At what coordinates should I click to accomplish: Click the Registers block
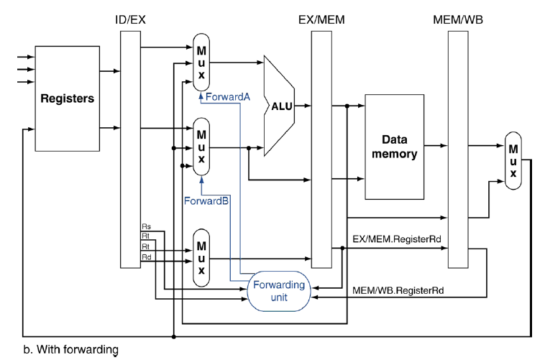[67, 98]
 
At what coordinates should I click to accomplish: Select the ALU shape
[281, 106]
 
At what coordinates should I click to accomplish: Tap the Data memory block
[399, 146]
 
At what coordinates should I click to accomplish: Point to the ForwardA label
[227, 96]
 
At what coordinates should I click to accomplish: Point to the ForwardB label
[206, 200]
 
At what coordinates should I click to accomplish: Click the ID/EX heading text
[130, 19]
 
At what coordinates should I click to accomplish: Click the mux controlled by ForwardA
[201, 61]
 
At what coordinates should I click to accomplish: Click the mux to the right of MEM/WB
[513, 160]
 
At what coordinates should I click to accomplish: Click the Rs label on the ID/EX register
[146, 228]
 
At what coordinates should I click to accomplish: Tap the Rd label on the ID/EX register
[146, 257]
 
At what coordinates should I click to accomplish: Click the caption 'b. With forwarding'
[70, 350]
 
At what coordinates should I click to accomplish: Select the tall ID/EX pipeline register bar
[130, 149]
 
